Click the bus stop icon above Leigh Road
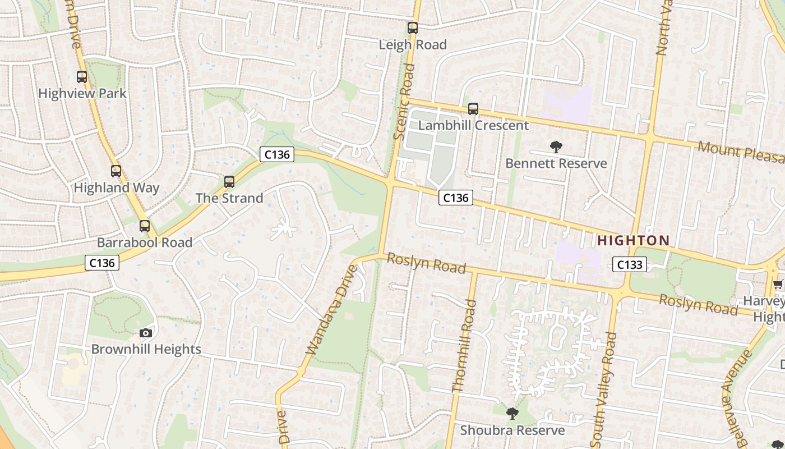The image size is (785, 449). click(413, 28)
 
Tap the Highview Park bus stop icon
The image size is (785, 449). click(82, 77)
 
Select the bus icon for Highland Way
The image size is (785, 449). click(116, 171)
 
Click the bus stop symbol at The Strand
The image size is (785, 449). click(229, 181)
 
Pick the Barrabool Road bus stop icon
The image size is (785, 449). click(145, 226)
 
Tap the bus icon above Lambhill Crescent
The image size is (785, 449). click(473, 108)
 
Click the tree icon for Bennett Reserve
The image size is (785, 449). click(556, 147)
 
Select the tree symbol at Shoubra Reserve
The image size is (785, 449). click(512, 414)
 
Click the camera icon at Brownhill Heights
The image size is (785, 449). click(146, 333)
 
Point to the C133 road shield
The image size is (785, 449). click(629, 264)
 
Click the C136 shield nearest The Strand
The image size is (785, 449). click(277, 154)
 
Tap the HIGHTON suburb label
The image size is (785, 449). click(633, 241)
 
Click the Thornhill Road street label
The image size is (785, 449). click(465, 346)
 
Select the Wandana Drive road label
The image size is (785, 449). click(331, 310)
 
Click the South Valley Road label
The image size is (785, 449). click(604, 388)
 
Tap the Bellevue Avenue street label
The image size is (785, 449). click(736, 396)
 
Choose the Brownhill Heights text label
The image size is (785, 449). click(146, 349)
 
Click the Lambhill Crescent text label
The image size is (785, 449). click(473, 125)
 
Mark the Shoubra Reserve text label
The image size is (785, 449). click(512, 430)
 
